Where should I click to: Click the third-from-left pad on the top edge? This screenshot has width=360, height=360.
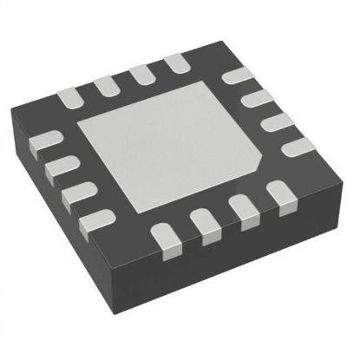(x=141, y=74)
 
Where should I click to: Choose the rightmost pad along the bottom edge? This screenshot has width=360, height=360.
(x=280, y=195)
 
